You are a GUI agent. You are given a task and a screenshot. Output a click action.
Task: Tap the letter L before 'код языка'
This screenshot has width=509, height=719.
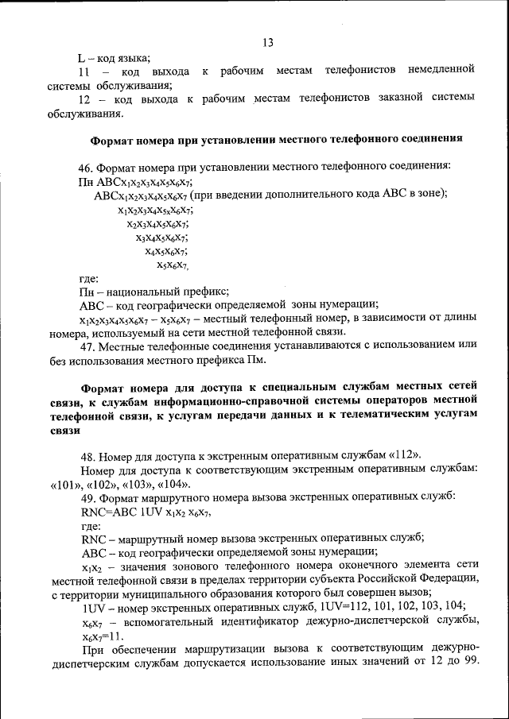81,57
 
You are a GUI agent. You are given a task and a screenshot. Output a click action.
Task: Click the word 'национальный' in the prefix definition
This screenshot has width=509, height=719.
148,292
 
